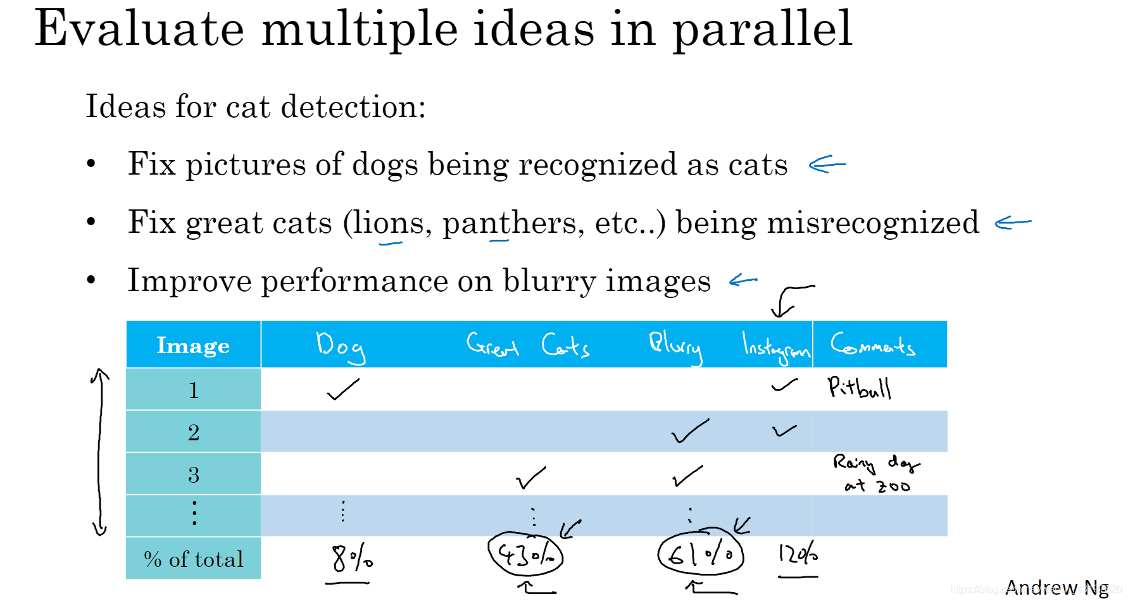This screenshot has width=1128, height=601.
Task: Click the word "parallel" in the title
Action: [762, 30]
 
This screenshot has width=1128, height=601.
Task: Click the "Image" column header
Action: [193, 345]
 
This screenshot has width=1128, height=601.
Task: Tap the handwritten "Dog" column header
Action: [341, 346]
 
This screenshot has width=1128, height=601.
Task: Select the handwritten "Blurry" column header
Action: [675, 346]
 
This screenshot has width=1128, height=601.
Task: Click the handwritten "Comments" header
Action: [873, 345]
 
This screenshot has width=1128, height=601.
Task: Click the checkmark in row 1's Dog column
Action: [342, 389]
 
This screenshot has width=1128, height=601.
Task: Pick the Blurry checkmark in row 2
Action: [689, 431]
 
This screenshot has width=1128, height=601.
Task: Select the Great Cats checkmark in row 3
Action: [530, 478]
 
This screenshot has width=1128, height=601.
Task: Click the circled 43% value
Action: [525, 555]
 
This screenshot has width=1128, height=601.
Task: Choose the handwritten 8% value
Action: [352, 558]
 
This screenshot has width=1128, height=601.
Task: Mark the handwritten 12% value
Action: [798, 554]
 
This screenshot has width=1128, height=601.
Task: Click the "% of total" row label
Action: [193, 559]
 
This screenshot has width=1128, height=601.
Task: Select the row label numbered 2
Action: [194, 432]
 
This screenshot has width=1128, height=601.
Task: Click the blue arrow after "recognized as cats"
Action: [827, 164]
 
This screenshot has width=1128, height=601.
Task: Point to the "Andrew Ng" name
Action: [1056, 588]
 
